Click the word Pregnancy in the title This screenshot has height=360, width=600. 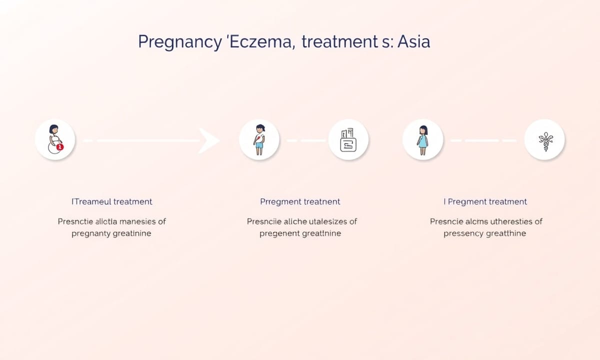pyautogui.click(x=179, y=42)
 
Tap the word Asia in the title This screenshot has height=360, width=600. pyautogui.click(x=413, y=42)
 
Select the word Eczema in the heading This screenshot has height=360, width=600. pyautogui.click(x=260, y=42)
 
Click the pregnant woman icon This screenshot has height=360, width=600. pyautogui.click(x=55, y=139)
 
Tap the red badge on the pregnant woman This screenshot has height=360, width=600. pyautogui.click(x=60, y=146)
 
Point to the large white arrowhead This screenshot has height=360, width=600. pyautogui.click(x=208, y=140)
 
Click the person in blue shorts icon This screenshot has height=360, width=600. pyautogui.click(x=259, y=139)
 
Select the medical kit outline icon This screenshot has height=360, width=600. pyautogui.click(x=348, y=140)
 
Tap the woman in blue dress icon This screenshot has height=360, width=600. pyautogui.click(x=422, y=140)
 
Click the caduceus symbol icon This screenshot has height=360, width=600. pyautogui.click(x=545, y=141)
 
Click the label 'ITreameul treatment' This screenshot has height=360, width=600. pyautogui.click(x=111, y=201)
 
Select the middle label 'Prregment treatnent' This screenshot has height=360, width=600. pyautogui.click(x=300, y=201)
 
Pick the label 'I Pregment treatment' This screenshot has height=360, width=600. pyautogui.click(x=485, y=201)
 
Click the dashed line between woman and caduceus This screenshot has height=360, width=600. pyautogui.click(x=483, y=140)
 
